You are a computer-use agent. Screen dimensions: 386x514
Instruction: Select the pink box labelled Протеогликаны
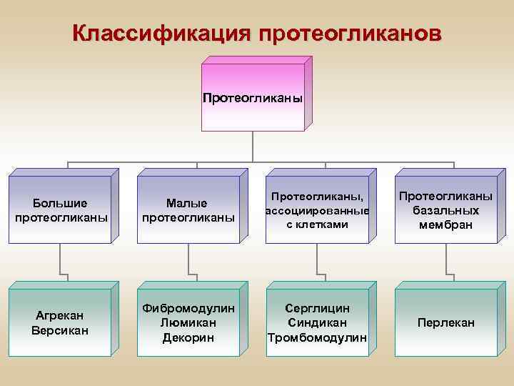tap(252, 97)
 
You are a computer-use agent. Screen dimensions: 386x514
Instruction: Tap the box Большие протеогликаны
tap(61, 209)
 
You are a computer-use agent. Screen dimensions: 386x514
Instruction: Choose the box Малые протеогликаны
tap(188, 209)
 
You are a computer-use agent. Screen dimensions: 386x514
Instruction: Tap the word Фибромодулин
tap(188, 308)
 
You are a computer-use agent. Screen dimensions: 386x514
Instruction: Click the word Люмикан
tap(188, 322)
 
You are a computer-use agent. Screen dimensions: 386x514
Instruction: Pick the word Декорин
tap(188, 337)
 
